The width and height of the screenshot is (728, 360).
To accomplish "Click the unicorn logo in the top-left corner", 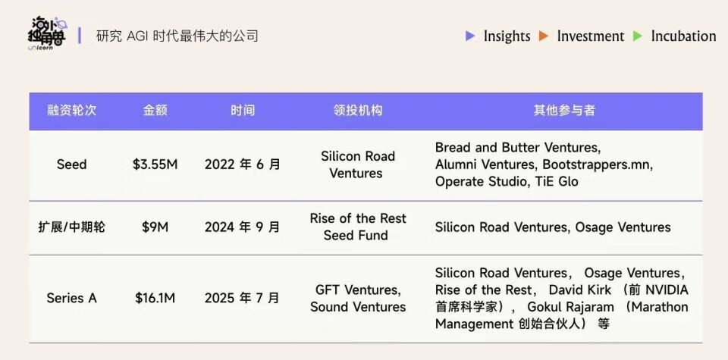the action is point(47,33).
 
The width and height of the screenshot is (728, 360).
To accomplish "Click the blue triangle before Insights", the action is point(470,36).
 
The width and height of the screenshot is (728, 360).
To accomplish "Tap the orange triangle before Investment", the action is point(544,36).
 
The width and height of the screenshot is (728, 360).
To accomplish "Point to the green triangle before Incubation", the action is point(638,36).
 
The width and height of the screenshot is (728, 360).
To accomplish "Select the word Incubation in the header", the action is point(683,36).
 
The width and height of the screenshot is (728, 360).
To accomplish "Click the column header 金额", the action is point(155,111).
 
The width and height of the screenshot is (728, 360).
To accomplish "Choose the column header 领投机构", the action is point(358,111).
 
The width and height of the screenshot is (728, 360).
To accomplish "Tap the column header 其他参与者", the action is point(564,111).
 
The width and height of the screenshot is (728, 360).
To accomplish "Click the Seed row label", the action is point(71,164).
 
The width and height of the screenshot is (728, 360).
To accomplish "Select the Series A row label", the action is point(71,298).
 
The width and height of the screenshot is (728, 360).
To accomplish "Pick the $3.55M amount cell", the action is point(155,164).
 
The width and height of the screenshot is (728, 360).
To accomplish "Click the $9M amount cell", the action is point(155,227).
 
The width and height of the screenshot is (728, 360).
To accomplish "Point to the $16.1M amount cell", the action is point(155,298).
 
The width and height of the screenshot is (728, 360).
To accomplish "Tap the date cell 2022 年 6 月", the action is point(243,164).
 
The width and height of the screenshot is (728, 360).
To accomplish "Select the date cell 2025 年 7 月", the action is point(243,298).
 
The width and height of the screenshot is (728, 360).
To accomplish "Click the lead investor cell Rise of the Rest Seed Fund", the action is point(358,227).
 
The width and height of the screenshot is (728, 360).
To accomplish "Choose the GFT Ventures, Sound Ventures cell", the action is point(358,299).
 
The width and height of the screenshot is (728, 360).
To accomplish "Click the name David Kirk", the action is point(580,290).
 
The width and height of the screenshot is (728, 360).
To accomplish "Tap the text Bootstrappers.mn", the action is point(598,164).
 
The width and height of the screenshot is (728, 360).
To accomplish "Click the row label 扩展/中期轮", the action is point(71,227).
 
